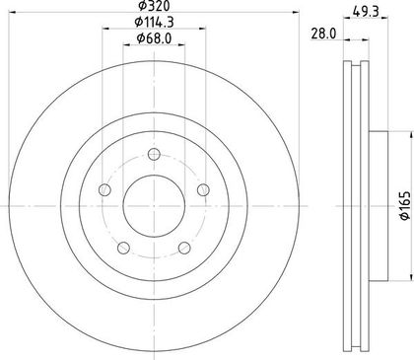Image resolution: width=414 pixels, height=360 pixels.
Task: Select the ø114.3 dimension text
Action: pos(154,22)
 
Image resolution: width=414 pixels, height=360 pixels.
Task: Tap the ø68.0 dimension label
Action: pos(154,38)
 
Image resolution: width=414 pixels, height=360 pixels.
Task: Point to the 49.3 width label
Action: pos(366,12)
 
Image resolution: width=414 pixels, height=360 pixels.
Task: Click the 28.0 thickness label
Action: pos(323,34)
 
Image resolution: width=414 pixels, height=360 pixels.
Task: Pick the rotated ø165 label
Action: pos(405,205)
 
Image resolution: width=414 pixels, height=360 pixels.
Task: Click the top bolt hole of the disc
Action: pos(154,154)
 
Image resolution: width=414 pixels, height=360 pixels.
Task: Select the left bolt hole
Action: pos(104,189)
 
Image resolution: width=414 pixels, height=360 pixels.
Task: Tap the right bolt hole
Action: pos(203,189)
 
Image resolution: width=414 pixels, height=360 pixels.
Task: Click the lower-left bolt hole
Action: pos(123,248)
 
